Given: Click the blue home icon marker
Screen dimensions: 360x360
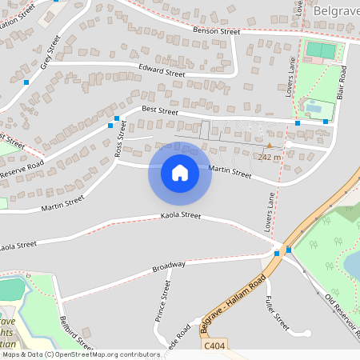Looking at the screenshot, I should [180, 173].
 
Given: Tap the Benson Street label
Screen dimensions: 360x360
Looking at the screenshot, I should [218, 31].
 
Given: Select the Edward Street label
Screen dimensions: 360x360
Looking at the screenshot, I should [162, 70].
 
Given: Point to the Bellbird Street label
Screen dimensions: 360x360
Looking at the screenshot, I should [77, 331].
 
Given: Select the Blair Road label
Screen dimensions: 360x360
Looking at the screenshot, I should [342, 82].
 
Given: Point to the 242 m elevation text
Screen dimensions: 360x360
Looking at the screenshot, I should [270, 157].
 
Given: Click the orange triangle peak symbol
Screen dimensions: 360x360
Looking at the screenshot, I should [269, 146].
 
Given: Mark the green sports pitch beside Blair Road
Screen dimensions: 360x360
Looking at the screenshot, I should [320, 50].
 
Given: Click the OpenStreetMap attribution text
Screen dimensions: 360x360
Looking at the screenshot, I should [80, 354].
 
